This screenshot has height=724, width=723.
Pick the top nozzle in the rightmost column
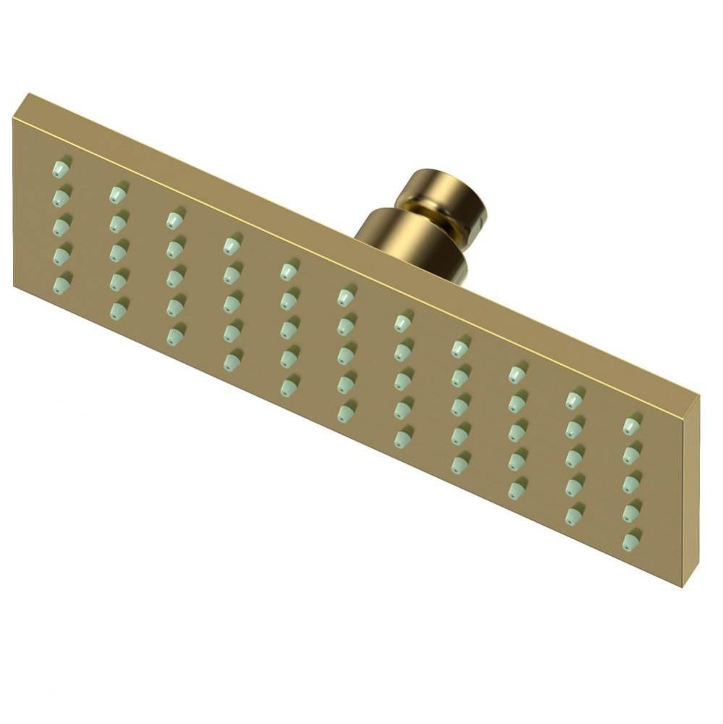coord(631,426)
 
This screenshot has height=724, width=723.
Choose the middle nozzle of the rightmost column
coord(631,483)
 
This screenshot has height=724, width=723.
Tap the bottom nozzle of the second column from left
coord(117,309)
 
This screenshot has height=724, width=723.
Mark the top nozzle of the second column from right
coord(574,399)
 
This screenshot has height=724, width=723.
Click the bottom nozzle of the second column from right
coord(574,515)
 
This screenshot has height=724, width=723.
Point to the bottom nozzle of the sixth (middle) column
coord(345,411)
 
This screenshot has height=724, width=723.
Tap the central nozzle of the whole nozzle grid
coord(345,354)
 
